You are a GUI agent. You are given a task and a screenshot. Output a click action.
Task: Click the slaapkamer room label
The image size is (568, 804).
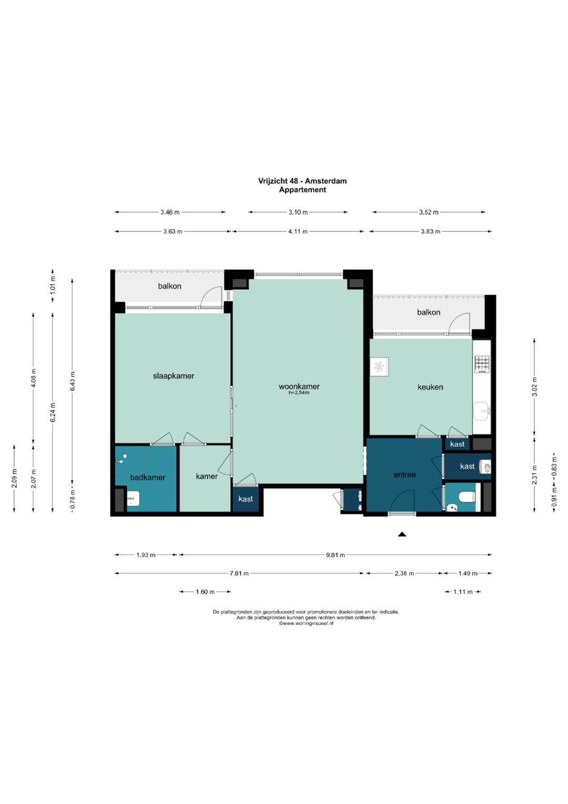pyautogui.click(x=174, y=376)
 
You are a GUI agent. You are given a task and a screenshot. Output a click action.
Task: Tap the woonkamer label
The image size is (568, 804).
pyautogui.click(x=299, y=386)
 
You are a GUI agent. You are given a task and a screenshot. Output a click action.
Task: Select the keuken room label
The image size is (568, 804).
pyautogui.click(x=430, y=387)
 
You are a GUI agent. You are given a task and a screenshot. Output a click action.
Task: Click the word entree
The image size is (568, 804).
pyautogui.click(x=404, y=474)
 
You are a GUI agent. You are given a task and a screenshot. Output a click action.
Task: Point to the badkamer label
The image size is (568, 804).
pyautogui.click(x=148, y=478)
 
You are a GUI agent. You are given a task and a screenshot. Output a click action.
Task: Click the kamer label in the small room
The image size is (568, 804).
pyautogui.click(x=207, y=477)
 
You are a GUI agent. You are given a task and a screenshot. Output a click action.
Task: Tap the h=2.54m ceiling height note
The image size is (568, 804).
pyautogui.click(x=299, y=393)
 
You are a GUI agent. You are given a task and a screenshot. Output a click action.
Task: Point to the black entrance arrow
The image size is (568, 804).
pyautogui.click(x=402, y=534)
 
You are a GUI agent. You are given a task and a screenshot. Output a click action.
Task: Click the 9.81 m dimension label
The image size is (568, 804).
pyautogui.click(x=336, y=555)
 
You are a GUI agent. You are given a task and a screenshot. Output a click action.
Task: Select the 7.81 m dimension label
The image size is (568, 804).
pyautogui.click(x=239, y=573)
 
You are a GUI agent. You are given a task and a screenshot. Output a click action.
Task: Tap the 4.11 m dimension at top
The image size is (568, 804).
pyautogui.click(x=298, y=232)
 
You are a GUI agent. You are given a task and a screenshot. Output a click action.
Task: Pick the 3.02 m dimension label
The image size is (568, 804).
pyautogui.click(x=534, y=386)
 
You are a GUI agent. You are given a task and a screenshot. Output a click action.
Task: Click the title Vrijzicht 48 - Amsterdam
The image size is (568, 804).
pyautogui.click(x=302, y=181)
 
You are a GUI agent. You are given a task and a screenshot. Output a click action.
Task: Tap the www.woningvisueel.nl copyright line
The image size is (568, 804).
pyautogui.click(x=306, y=623)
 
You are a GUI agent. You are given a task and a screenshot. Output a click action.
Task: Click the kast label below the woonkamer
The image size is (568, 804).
pyautogui.click(x=246, y=499)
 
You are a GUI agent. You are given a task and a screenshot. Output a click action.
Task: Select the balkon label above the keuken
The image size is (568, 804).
pyautogui.click(x=429, y=312)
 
